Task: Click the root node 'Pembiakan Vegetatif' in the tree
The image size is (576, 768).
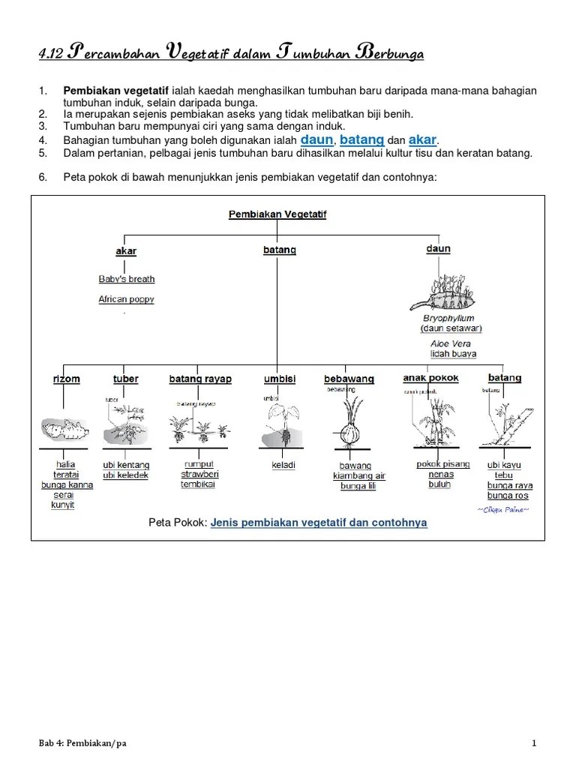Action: click(277, 214)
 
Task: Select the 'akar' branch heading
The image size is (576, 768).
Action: click(126, 250)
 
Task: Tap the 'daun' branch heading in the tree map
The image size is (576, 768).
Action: click(438, 248)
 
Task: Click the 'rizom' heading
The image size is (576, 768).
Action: click(66, 379)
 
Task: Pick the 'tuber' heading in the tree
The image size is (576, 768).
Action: click(125, 379)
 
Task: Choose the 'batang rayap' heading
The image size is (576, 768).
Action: click(200, 379)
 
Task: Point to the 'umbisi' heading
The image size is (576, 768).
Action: click(280, 379)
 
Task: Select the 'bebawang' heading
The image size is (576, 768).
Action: click(349, 379)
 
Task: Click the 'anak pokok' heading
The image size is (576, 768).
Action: click(430, 378)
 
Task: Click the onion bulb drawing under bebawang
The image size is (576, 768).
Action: click(349, 433)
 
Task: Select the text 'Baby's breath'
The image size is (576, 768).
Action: click(127, 279)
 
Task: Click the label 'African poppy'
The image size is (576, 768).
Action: click(127, 299)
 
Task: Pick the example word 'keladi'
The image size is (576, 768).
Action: click(283, 465)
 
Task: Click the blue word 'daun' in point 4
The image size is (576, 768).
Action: click(316, 139)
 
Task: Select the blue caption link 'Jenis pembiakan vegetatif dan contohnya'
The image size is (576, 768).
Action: click(319, 522)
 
